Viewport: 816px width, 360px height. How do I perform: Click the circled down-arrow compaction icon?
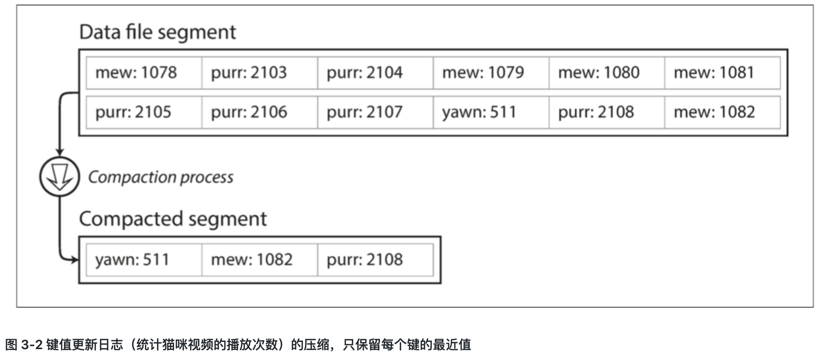click(60, 177)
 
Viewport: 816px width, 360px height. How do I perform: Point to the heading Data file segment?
click(157, 32)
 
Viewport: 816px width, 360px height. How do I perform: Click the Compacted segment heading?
click(173, 219)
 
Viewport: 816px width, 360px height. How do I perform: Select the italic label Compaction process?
click(161, 177)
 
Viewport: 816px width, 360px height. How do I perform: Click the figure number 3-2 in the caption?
click(31, 345)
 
